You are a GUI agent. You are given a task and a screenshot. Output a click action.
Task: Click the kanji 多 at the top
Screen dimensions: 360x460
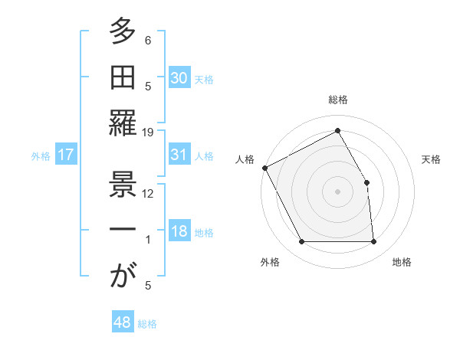(x=122, y=32)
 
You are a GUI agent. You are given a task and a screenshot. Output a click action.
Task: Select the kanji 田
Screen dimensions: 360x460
(x=122, y=77)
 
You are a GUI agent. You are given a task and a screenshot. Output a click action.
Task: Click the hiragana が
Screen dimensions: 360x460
(x=122, y=275)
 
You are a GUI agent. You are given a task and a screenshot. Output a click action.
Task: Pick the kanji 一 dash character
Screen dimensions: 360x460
(x=122, y=231)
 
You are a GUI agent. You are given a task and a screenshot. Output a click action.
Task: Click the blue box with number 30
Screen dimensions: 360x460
(x=179, y=77)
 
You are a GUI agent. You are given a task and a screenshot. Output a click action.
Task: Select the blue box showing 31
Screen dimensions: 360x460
(x=179, y=155)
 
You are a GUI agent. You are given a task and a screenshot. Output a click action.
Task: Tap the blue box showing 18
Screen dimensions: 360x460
(x=179, y=232)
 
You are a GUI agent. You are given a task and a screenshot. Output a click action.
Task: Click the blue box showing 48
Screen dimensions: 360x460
(x=123, y=322)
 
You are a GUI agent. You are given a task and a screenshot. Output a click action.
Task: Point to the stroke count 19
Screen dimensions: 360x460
(x=149, y=132)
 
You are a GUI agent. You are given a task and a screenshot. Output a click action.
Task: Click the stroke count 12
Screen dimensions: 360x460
(x=149, y=193)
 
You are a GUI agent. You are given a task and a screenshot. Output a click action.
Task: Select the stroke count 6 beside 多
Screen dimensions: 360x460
(x=148, y=40)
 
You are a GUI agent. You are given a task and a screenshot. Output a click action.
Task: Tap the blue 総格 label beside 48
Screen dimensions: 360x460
(x=147, y=324)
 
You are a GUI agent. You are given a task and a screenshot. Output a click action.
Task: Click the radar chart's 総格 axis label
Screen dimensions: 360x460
(x=338, y=100)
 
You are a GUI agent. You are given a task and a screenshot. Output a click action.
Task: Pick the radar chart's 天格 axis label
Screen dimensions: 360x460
(x=432, y=159)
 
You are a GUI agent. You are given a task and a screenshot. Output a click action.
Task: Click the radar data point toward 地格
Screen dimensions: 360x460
(x=374, y=242)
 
